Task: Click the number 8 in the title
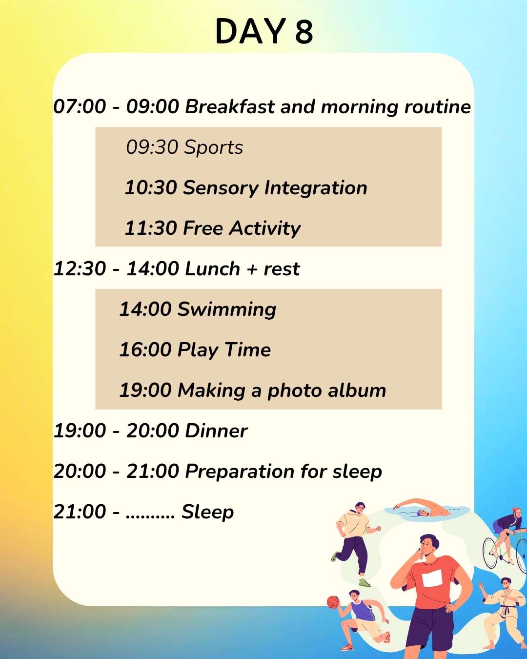304,31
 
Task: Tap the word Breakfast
230,106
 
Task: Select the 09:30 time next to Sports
152,147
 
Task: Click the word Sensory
221,188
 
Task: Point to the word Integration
315,188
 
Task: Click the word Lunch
213,268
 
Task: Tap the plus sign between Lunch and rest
252,269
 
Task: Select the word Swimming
227,309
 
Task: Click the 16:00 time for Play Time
145,350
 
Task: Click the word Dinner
216,431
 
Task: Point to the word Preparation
240,472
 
